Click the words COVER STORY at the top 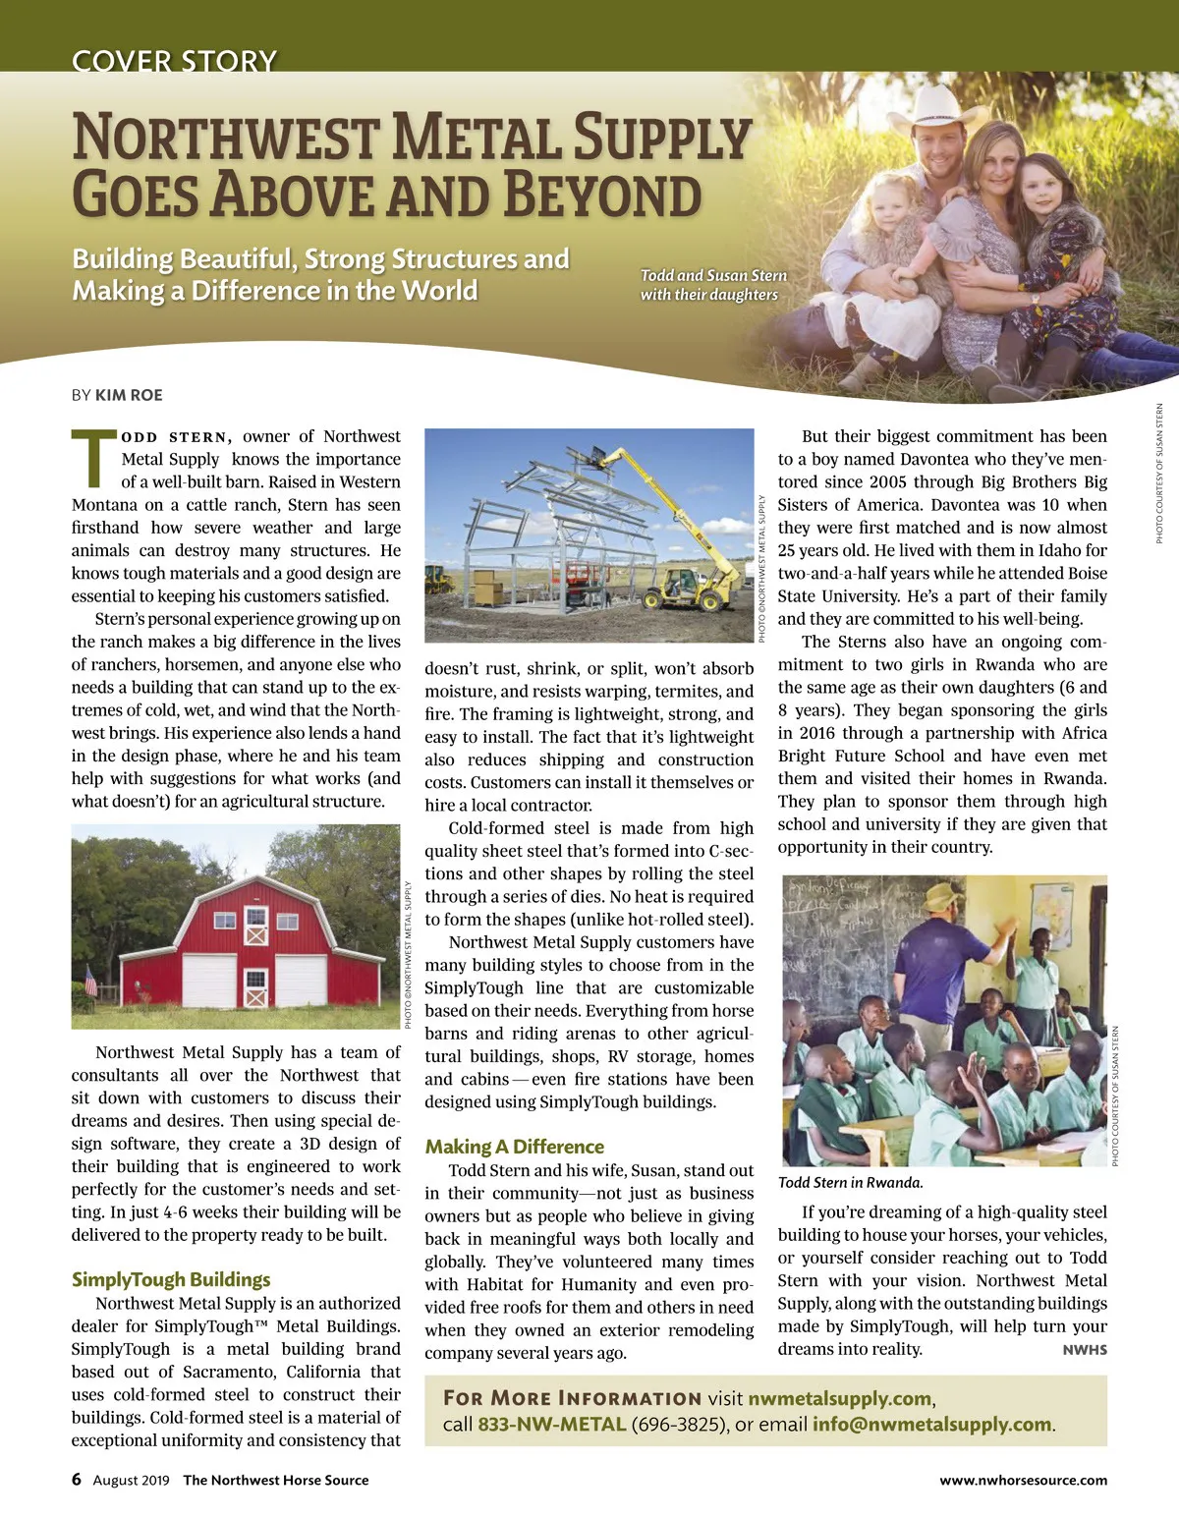pyautogui.click(x=174, y=61)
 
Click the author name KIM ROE pyautogui.click(x=129, y=395)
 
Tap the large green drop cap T pyautogui.click(x=92, y=458)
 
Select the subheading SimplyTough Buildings pyautogui.click(x=170, y=1279)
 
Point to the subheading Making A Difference pyautogui.click(x=514, y=1147)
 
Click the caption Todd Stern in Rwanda pyautogui.click(x=850, y=1183)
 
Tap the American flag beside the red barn pyautogui.click(x=91, y=980)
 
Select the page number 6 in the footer pyautogui.click(x=77, y=1480)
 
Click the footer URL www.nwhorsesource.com pyautogui.click(x=1023, y=1480)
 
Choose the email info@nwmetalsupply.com pyautogui.click(x=931, y=1425)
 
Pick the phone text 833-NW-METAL pyautogui.click(x=551, y=1425)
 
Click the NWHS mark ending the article pyautogui.click(x=1085, y=1350)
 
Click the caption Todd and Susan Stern pyautogui.click(x=713, y=276)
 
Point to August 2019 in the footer pyautogui.click(x=131, y=1480)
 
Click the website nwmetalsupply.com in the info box pyautogui.click(x=839, y=1398)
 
